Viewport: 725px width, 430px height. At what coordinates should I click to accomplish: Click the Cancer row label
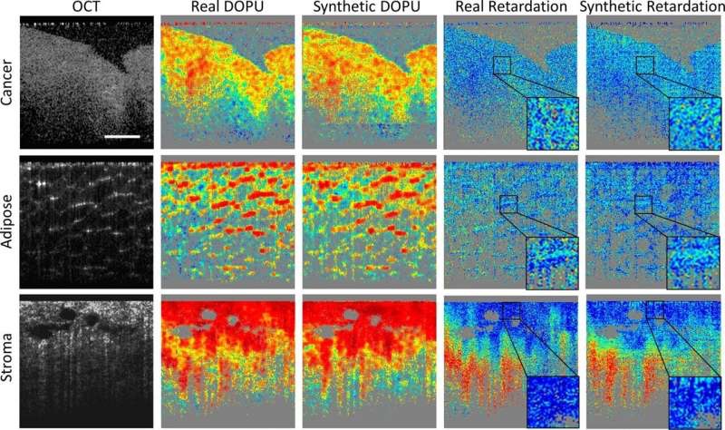pos(8,84)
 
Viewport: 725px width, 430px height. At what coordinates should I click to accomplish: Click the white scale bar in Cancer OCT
pos(122,137)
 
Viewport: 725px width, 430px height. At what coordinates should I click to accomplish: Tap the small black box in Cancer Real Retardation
pos(502,65)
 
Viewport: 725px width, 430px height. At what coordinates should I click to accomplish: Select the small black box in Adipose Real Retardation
pos(507,204)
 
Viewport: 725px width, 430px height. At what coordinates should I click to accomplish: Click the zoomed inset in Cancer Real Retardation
pos(552,124)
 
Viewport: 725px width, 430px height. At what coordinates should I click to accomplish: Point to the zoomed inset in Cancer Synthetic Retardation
pos(694,124)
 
